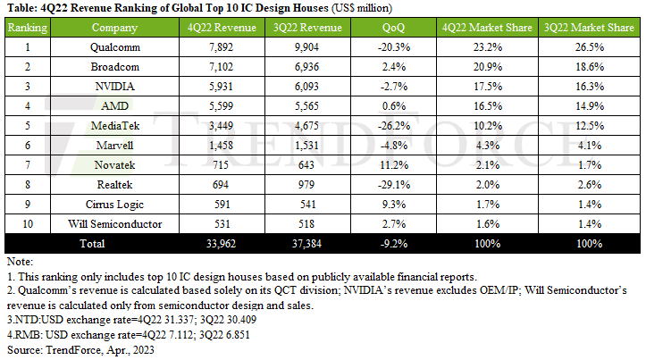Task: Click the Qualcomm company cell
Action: pos(114,47)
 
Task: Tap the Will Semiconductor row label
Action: pos(114,223)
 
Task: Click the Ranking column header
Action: pos(27,28)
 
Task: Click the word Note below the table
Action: pos(18,263)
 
